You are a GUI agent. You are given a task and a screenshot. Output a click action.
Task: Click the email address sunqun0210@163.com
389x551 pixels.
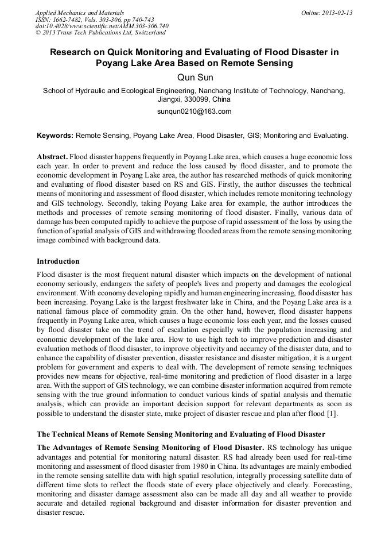point(194,111)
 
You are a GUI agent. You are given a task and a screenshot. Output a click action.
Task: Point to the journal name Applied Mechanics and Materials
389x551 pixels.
point(80,13)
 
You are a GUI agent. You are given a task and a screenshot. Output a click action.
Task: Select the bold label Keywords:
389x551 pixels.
point(55,136)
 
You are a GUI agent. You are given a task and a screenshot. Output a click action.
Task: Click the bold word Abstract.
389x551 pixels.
point(52,156)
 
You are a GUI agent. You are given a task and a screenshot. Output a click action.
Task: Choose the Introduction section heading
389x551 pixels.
point(58,261)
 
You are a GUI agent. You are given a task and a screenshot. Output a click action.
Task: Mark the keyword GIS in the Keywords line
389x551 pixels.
point(253,136)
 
